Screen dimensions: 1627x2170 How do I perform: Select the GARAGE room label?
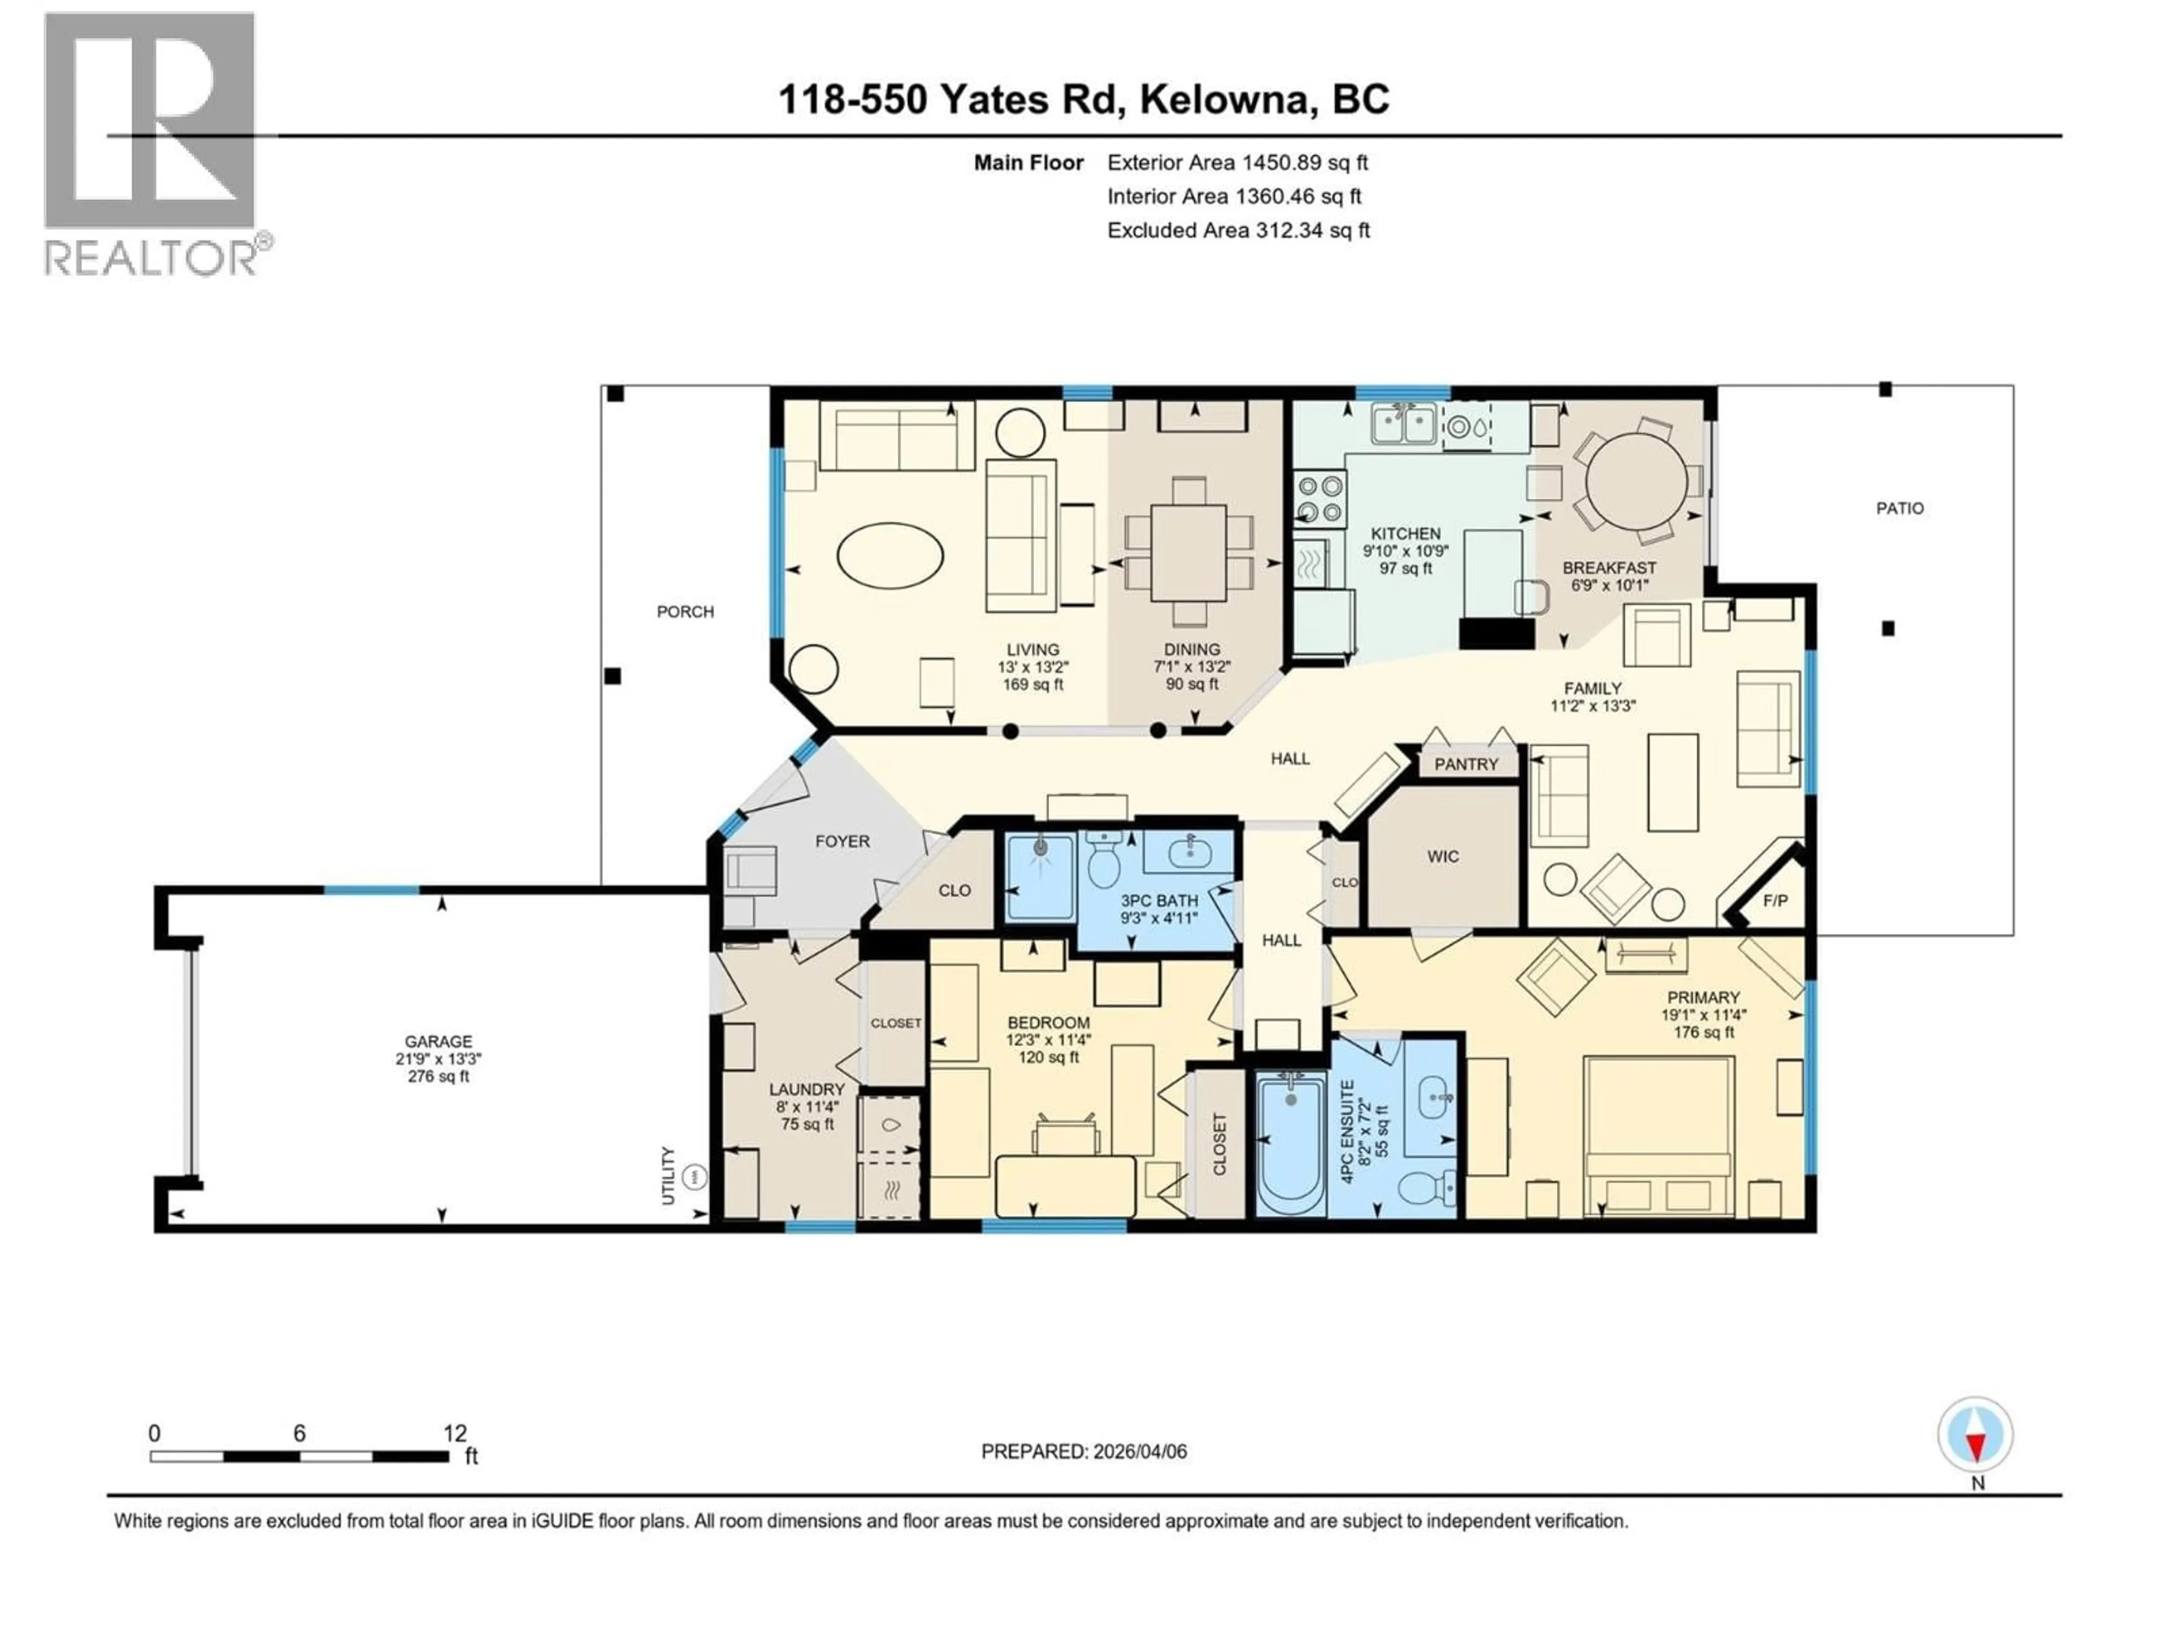[439, 1042]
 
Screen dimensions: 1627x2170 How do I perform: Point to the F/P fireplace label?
[1774, 900]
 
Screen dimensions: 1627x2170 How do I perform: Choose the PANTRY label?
[1466, 764]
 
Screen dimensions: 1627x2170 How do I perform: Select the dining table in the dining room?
[1188, 552]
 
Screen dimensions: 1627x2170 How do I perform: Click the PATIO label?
[1899, 508]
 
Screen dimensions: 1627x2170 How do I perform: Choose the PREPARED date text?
[1083, 1451]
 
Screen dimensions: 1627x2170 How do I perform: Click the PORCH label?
[685, 611]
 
